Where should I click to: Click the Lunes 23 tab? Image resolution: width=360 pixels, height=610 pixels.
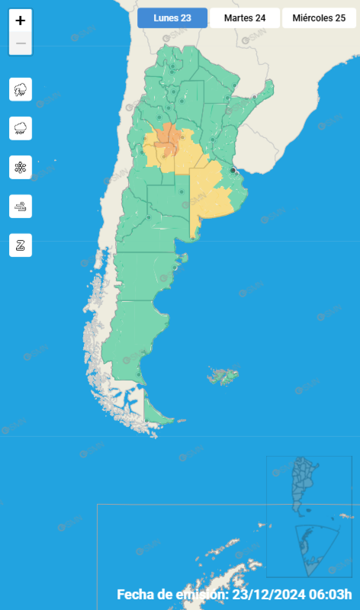[x=172, y=18]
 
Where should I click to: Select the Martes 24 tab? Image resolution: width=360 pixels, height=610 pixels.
[x=244, y=18]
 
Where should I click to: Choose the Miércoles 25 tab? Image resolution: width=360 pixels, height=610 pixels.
[x=319, y=18]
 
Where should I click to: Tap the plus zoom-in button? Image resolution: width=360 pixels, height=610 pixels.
[x=21, y=21]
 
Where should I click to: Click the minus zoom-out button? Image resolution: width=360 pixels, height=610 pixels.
[x=21, y=43]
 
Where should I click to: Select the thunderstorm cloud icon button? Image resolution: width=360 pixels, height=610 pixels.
[x=21, y=89]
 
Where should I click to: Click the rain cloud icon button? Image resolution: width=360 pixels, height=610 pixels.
[x=21, y=128]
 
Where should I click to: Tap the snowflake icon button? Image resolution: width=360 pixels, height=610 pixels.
[x=21, y=167]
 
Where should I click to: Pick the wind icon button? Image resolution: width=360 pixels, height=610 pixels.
[x=21, y=206]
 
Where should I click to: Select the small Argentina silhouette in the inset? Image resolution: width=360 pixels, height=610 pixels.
[x=304, y=484]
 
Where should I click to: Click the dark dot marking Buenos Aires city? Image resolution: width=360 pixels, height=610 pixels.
[x=233, y=170]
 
